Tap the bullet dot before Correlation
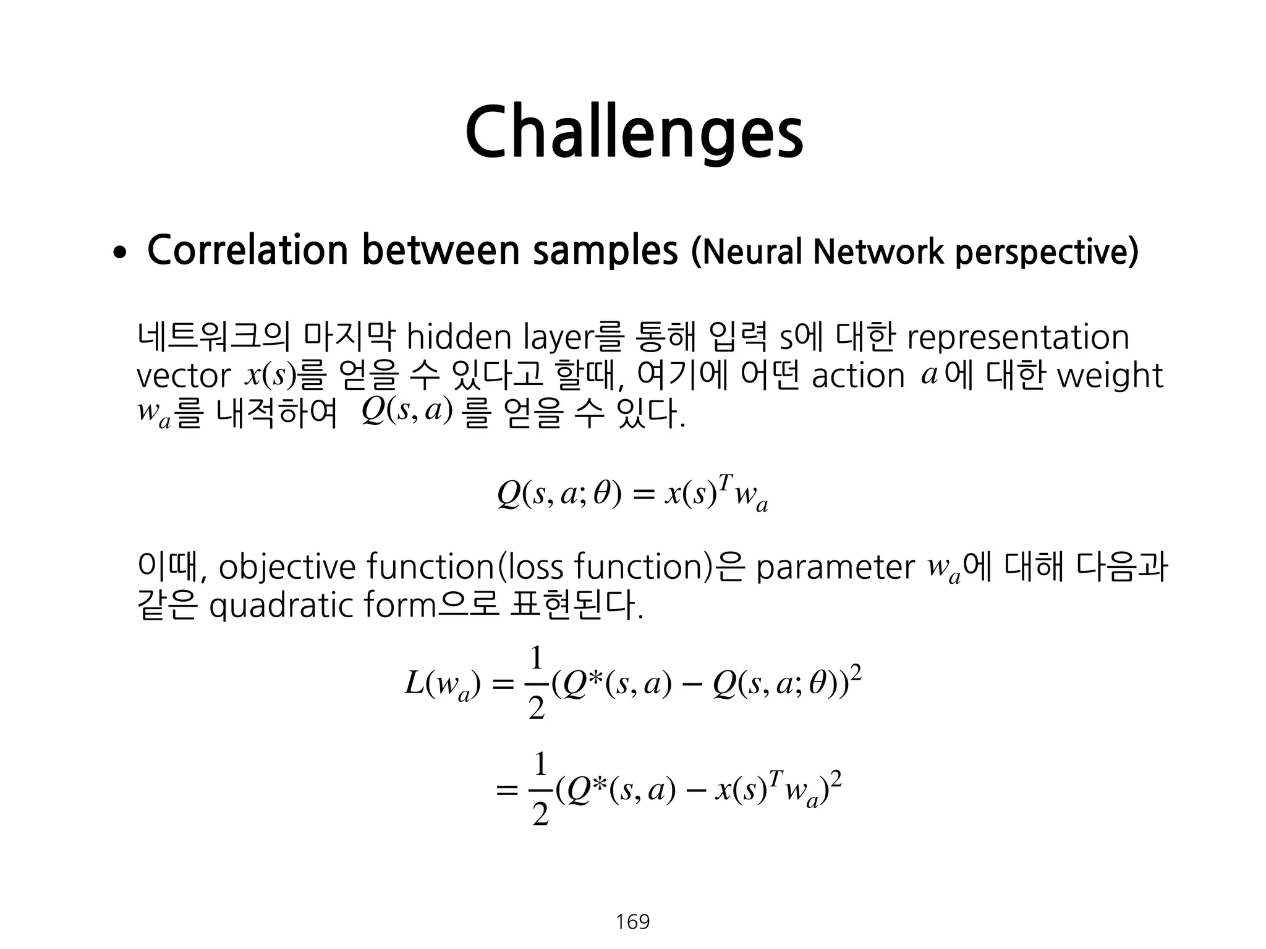point(119,253)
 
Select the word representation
point(1017,339)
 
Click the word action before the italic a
point(858,376)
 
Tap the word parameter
point(835,568)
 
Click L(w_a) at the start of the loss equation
point(441,685)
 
